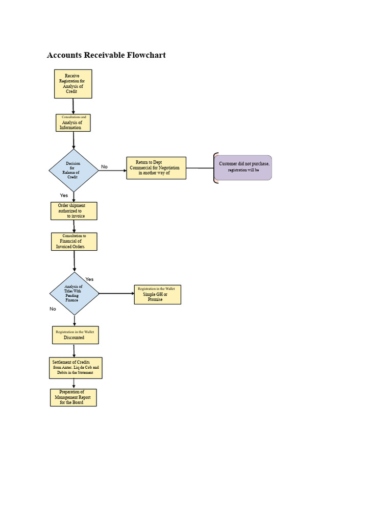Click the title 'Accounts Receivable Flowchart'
click(106, 55)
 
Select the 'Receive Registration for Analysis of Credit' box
click(73, 84)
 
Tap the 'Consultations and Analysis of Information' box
click(73, 123)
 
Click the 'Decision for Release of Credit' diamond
click(73, 171)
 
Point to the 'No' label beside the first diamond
click(104, 167)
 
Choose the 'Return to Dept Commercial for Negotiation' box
click(156, 168)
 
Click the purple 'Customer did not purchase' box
click(243, 168)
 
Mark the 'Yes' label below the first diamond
click(64, 196)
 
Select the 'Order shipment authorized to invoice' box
click(73, 211)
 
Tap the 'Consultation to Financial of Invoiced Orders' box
click(74, 242)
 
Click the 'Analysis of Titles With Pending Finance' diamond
click(74, 294)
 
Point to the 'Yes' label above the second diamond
click(89, 279)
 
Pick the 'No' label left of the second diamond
click(53, 309)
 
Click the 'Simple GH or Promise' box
click(157, 295)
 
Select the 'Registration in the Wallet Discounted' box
click(75, 335)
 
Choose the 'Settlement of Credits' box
click(76, 368)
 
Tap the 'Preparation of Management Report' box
click(73, 397)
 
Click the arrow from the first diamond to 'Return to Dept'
click(112, 171)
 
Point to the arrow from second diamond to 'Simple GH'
click(116, 294)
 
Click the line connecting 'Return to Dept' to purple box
click(200, 168)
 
